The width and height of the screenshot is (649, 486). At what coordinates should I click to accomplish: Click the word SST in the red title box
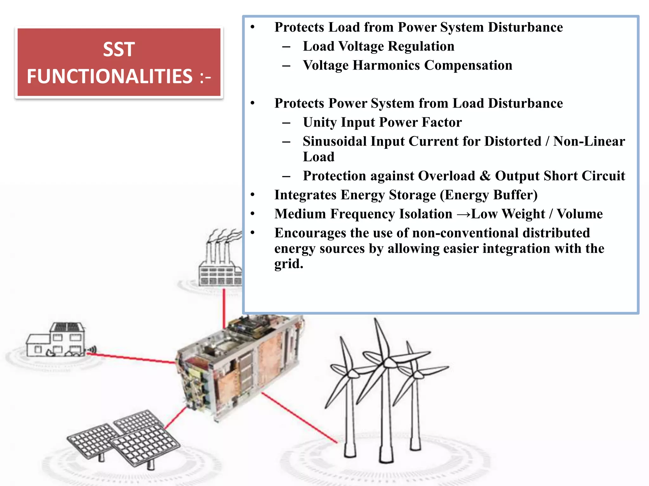point(119,50)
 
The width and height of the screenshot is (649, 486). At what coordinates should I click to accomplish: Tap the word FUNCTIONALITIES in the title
point(109,77)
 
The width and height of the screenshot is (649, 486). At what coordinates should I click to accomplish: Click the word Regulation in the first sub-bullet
point(421,47)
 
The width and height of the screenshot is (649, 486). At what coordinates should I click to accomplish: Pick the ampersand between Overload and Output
point(485,176)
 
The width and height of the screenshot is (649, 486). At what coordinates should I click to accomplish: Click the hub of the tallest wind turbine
point(387,362)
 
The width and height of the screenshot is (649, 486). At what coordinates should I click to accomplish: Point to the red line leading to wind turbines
point(299,418)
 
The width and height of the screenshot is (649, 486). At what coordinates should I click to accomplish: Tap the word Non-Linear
point(589,141)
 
